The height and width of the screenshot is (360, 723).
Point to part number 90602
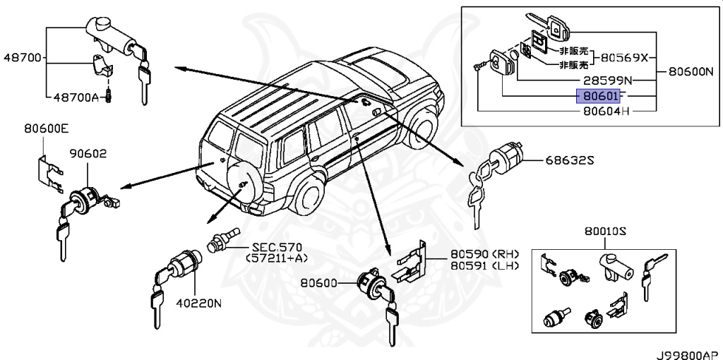coord(88,153)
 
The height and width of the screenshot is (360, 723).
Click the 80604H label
coord(605,111)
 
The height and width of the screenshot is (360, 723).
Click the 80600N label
coord(695,71)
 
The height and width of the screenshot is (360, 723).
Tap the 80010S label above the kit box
coord(605,231)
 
